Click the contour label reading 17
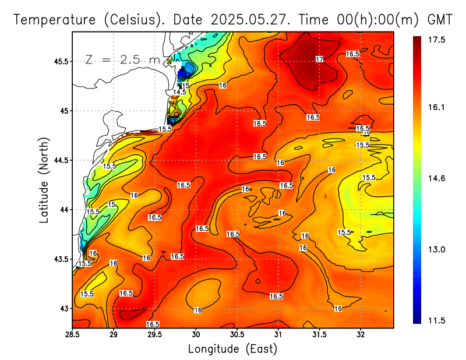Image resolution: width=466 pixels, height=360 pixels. point(319,59)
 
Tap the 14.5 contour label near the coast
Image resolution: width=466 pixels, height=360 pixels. point(179,92)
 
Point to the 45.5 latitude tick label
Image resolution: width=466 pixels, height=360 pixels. point(59,61)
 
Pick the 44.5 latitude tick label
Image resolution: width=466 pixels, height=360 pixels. point(59,160)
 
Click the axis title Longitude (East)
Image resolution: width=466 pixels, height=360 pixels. point(232,349)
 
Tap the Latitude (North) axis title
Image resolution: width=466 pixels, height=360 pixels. point(44,179)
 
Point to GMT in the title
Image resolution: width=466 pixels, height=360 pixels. point(440,19)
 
